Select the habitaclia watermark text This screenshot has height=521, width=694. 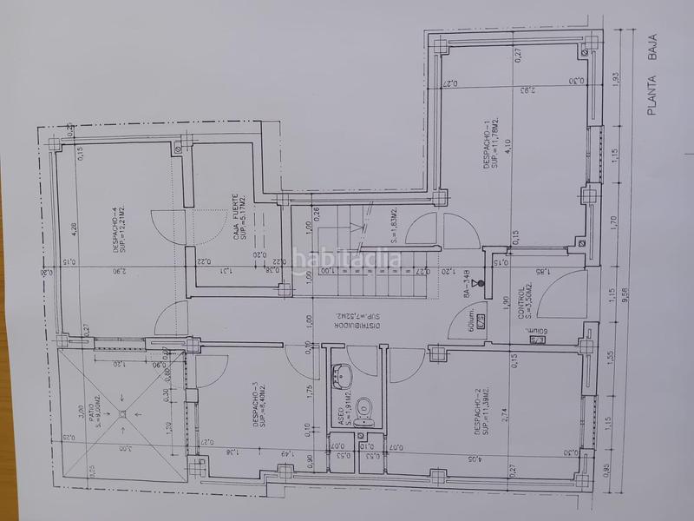(x=347, y=259)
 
